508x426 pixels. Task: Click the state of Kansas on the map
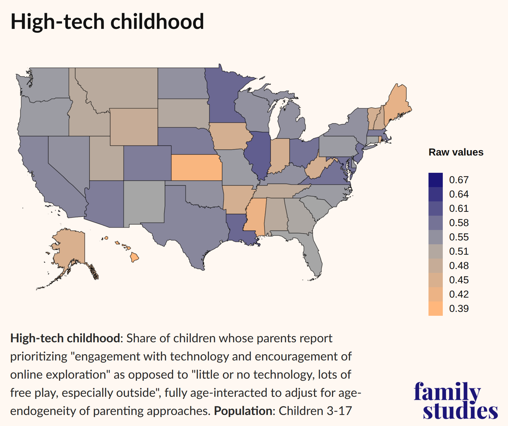point(197,167)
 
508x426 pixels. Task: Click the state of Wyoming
point(134,127)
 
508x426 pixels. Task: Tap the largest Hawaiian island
point(135,257)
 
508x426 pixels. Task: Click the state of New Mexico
point(144,203)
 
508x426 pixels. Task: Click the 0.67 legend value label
point(459,180)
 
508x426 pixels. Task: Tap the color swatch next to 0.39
point(435,309)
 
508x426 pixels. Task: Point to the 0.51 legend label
point(459,251)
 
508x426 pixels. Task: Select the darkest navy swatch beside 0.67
point(435,180)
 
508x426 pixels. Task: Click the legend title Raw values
point(456,152)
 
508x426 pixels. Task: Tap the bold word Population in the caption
point(243,411)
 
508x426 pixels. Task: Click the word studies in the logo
point(460,411)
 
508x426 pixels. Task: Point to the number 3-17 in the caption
point(339,411)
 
